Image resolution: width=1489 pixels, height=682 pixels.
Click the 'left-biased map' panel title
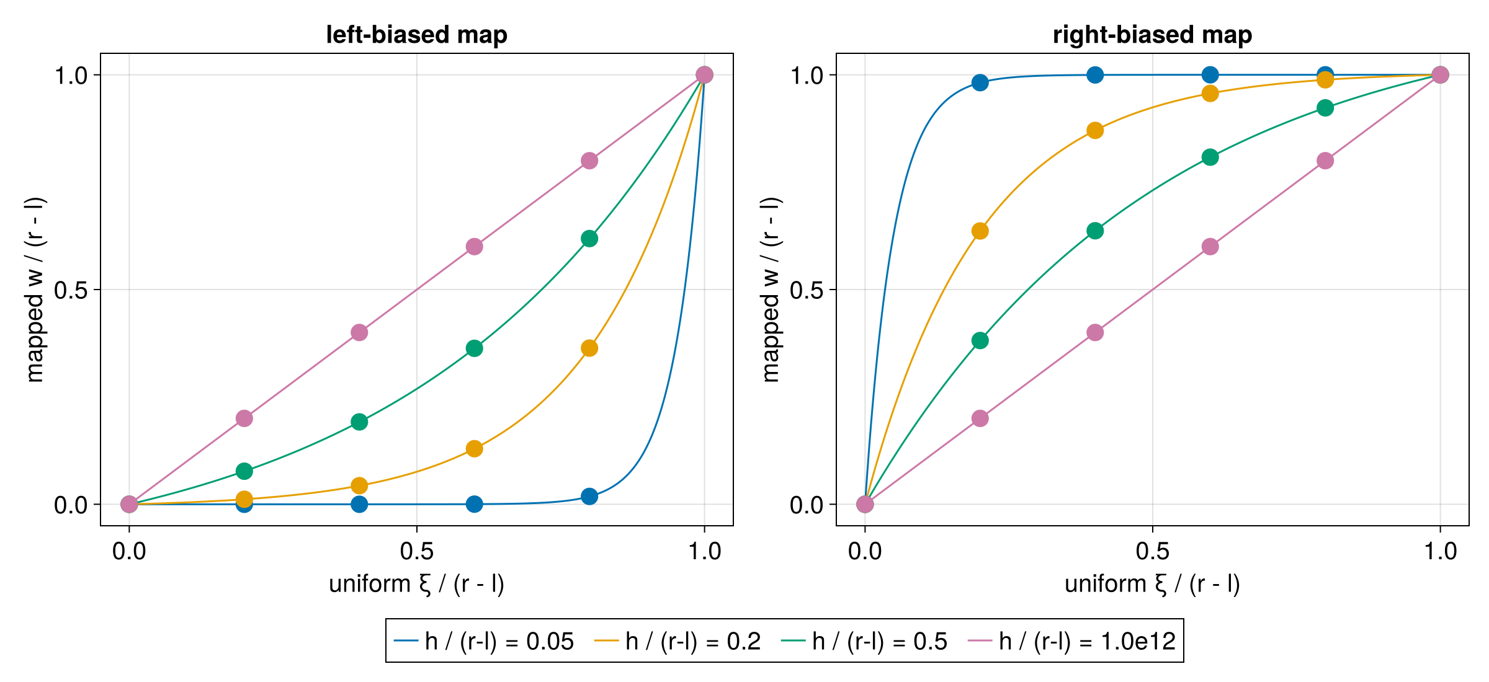tap(416, 35)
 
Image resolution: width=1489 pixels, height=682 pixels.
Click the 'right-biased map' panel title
tap(1152, 35)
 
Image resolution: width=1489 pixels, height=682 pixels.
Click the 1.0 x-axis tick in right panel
tap(1440, 551)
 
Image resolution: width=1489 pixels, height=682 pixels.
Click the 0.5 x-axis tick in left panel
tap(416, 551)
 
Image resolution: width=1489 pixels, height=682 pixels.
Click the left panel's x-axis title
tap(416, 584)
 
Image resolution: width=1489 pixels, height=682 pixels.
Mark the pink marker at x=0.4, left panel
tap(359, 332)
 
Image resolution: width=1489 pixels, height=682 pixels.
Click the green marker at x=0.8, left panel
tap(589, 239)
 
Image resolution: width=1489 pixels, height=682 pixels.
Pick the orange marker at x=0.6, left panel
tap(474, 448)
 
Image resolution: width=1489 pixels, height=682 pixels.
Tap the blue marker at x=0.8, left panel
tap(589, 496)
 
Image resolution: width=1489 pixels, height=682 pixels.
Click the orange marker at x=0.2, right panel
tap(980, 231)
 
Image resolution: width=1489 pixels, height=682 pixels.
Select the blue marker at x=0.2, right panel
tap(980, 82)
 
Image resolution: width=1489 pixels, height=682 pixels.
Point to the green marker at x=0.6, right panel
tap(1210, 157)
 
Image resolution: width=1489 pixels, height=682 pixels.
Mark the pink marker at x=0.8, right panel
tap(1325, 161)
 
